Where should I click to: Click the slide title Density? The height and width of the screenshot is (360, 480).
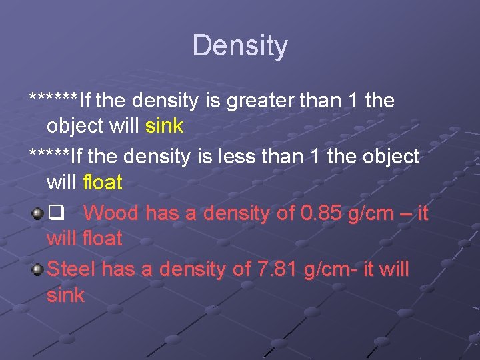(240, 46)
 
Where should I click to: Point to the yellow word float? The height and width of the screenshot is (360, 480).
(103, 182)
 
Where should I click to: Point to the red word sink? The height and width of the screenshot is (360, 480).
(65, 295)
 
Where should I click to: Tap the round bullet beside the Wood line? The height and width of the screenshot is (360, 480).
(37, 214)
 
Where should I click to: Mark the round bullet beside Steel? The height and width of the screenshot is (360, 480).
(37, 269)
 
